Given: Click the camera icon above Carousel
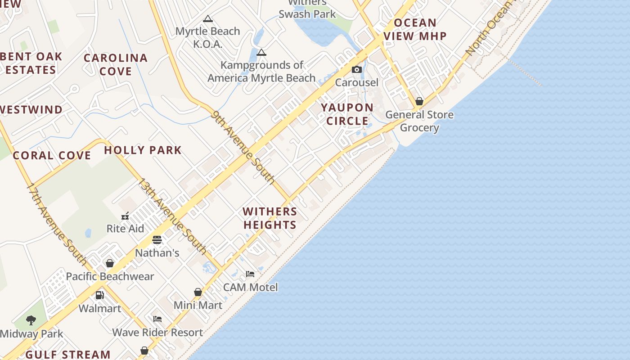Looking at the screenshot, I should click(356, 69).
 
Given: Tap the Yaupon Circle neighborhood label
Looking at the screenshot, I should click(347, 114).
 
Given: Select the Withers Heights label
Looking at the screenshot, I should click(270, 218).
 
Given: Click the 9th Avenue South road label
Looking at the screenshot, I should click(243, 147).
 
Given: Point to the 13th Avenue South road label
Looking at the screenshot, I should click(172, 216).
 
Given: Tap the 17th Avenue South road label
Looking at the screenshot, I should click(57, 223).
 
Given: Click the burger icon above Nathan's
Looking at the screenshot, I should click(157, 239).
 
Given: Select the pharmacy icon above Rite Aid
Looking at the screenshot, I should click(125, 216).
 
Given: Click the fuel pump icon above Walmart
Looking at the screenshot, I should click(99, 295).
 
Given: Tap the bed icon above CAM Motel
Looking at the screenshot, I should click(250, 274).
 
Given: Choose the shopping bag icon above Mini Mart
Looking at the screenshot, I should click(198, 292).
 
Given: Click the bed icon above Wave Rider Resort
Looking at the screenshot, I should click(157, 319).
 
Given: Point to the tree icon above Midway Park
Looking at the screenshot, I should click(31, 320).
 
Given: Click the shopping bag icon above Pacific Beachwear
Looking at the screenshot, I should click(109, 263).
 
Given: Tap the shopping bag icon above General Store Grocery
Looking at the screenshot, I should click(419, 101).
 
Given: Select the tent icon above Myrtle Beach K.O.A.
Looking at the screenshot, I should click(207, 18).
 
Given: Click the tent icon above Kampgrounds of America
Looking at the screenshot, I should click(261, 52).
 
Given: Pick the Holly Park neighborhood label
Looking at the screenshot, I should click(143, 150).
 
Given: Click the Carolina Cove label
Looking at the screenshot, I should click(116, 64).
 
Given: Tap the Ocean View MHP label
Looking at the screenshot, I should click(415, 29).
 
